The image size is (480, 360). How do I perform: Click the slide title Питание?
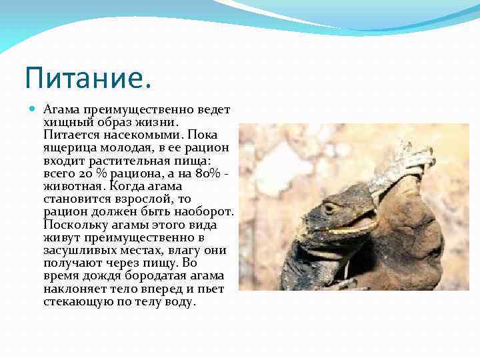[x=88, y=78]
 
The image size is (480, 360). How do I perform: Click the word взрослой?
[x=147, y=199]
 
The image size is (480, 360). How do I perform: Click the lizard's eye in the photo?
[x=328, y=208]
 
